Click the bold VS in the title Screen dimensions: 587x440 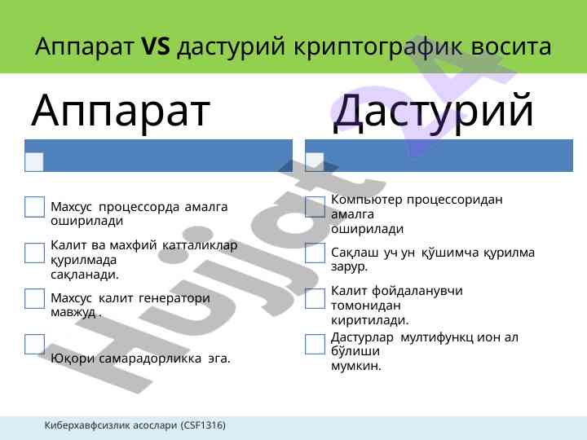click(156, 46)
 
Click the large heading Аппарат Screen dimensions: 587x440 click(121, 111)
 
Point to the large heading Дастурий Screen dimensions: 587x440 click(433, 112)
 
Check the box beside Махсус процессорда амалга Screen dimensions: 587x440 click(34, 207)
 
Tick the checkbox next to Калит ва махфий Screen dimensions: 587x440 click(34, 253)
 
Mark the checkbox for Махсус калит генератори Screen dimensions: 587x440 click(34, 298)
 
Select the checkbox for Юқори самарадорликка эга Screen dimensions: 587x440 click(34, 344)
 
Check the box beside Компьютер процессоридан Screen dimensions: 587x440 click(315, 207)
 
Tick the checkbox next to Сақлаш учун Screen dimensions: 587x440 click(315, 253)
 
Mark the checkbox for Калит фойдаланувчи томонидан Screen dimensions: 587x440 click(315, 298)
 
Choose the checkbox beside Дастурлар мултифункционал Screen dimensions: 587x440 click(315, 344)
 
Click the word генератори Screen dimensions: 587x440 click(174, 298)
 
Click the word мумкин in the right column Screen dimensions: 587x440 click(355, 366)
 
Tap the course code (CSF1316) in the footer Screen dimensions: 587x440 click(204, 425)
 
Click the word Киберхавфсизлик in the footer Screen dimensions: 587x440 click(87, 425)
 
